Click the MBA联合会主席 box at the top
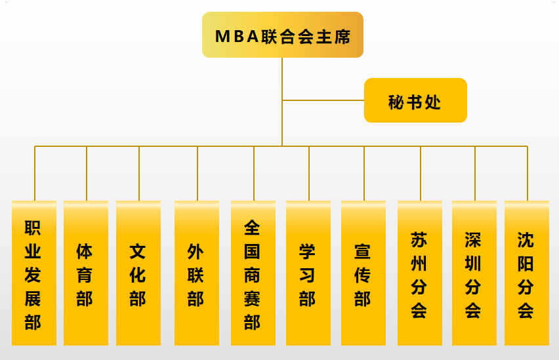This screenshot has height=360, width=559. click(x=282, y=35)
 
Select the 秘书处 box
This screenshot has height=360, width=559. click(x=415, y=101)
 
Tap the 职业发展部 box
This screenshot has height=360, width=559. click(x=33, y=273)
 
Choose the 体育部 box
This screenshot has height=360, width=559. click(x=86, y=273)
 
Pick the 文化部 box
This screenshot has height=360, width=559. click(x=138, y=273)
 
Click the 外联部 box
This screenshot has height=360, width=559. click(x=196, y=273)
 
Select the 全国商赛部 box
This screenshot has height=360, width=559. click(x=253, y=273)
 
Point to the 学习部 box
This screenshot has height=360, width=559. click(x=308, y=273)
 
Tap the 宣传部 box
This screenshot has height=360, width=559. click(x=363, y=273)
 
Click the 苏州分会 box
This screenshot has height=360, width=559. click(x=419, y=273)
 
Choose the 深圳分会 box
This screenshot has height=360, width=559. click(x=474, y=273)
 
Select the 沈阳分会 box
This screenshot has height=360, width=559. click(x=526, y=273)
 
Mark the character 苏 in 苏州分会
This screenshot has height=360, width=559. click(x=419, y=239)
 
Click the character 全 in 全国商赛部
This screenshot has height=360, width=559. click(x=253, y=228)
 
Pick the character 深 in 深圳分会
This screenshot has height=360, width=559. click(x=474, y=239)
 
